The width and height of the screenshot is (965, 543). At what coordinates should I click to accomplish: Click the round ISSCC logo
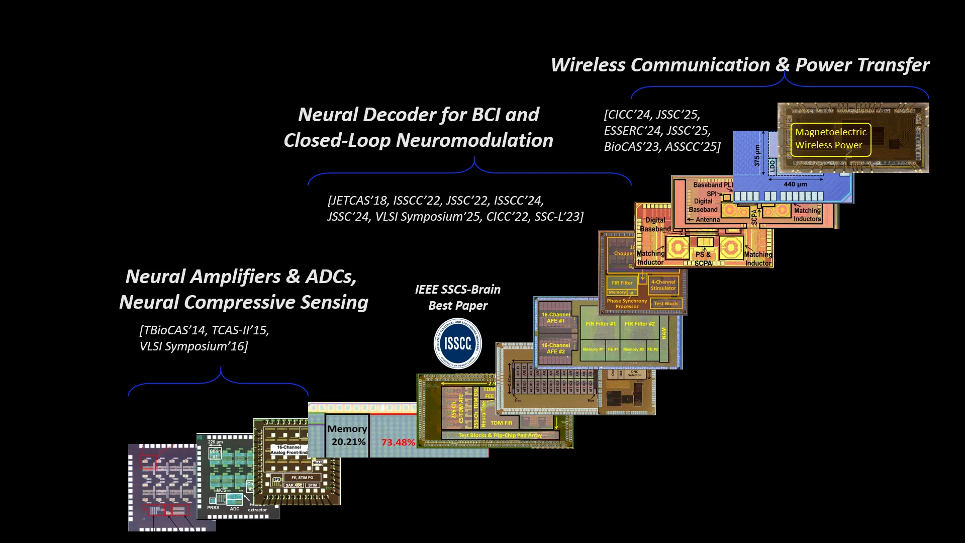click(x=457, y=344)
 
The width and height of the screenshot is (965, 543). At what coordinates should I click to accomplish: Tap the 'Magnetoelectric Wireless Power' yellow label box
click(x=830, y=139)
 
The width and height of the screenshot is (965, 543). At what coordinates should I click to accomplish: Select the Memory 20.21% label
click(x=347, y=435)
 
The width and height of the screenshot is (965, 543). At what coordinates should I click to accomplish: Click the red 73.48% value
click(x=398, y=442)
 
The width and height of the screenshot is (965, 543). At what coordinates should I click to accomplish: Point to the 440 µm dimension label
click(x=795, y=184)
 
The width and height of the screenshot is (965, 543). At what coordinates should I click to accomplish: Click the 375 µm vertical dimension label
click(x=757, y=155)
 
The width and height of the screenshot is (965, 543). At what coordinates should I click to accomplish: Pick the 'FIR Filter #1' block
click(x=600, y=324)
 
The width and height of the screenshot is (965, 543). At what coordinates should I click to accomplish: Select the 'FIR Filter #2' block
click(x=639, y=324)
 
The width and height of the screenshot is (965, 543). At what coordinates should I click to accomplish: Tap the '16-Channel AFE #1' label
click(x=555, y=318)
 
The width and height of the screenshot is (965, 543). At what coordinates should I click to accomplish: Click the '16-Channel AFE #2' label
click(x=555, y=348)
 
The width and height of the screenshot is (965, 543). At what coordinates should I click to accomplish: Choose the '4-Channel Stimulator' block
click(x=663, y=285)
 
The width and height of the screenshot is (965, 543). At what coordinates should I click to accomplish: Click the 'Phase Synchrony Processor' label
click(x=627, y=304)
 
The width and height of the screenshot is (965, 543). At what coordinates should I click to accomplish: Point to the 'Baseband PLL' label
click(x=713, y=185)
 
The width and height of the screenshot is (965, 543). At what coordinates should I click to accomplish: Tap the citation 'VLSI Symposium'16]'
click(x=194, y=346)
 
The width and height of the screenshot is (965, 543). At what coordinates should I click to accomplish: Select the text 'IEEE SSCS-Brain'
click(x=457, y=290)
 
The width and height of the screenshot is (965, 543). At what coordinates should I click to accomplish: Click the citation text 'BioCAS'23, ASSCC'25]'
click(x=662, y=147)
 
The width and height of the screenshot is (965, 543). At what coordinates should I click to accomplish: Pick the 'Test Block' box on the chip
click(x=665, y=304)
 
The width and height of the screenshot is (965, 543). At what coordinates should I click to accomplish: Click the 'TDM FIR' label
click(x=501, y=423)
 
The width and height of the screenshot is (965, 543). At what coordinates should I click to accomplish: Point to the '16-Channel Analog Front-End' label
click(x=289, y=450)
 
